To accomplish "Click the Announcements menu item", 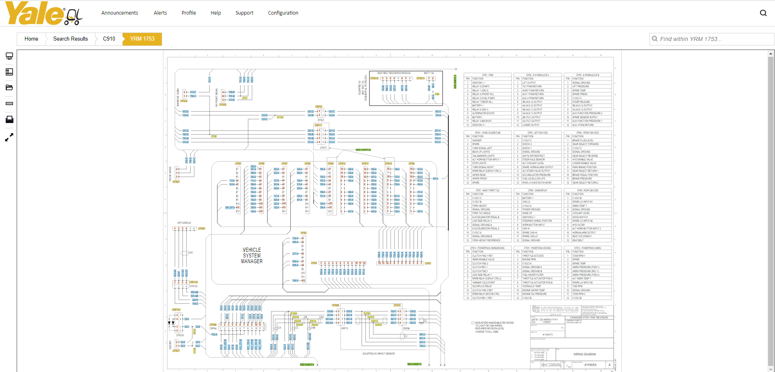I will click(119, 13).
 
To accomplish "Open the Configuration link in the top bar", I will click(283, 13).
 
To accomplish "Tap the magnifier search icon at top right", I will click(763, 13).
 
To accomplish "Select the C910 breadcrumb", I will click(109, 39).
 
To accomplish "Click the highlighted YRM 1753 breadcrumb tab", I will click(142, 39).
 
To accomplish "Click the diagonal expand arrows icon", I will click(9, 138).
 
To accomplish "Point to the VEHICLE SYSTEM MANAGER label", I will click(252, 256).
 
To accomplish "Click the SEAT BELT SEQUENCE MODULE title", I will click(394, 73).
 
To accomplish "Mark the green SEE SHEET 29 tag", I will click(363, 150).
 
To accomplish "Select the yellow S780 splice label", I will click(214, 136).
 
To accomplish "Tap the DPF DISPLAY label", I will click(184, 223).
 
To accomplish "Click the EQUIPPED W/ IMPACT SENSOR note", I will click(378, 354).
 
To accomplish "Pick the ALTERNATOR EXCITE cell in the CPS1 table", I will click(483, 113).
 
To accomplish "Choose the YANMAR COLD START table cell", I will click(484, 283).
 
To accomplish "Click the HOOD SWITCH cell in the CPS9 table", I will click(580, 217).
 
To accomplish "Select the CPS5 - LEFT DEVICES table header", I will click(537, 133).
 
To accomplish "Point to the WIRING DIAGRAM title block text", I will click(584, 354).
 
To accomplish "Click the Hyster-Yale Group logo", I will click(555, 310).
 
